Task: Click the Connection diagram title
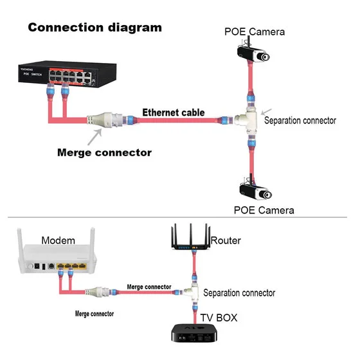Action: point(95,28)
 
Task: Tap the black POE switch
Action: point(67,74)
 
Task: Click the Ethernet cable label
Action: point(174,113)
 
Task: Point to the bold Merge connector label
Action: point(104,153)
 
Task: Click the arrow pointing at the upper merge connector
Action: point(94,137)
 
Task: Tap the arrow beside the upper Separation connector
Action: point(266,112)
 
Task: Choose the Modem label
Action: point(59,240)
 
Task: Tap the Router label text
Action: point(226,240)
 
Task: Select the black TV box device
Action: point(194,333)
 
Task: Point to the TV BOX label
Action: point(219,318)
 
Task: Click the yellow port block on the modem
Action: point(71,266)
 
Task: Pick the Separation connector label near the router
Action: point(239,293)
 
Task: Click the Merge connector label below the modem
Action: point(94,314)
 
